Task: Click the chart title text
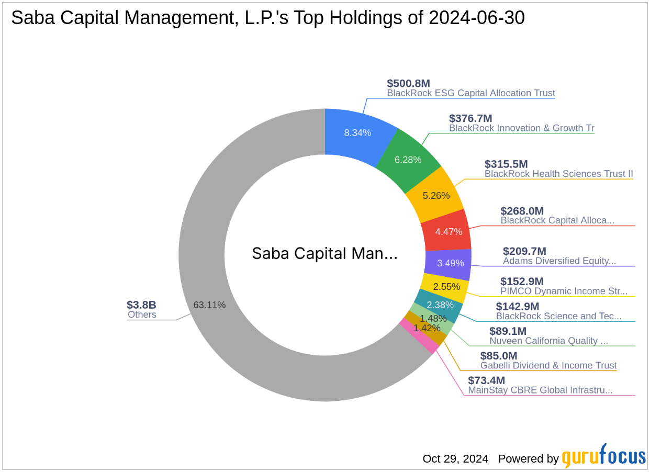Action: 267,18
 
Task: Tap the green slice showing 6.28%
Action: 408,159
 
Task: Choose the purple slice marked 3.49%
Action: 450,263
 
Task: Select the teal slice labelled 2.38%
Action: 440,305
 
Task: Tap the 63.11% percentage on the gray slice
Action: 209,305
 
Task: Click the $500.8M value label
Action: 408,83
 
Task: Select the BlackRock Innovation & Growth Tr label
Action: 521,128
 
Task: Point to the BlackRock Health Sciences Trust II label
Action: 558,174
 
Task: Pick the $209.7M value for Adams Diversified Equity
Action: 524,251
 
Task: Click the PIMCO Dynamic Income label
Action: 564,291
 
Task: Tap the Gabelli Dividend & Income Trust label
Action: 548,366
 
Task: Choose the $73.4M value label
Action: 486,380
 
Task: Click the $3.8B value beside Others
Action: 141,305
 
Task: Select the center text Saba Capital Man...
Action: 324,254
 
